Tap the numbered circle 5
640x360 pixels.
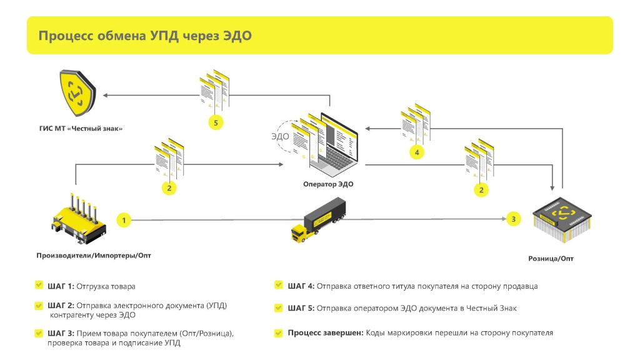(216, 123)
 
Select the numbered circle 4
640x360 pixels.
(417, 152)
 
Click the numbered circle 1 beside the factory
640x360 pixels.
(124, 220)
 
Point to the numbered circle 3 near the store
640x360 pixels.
(514, 219)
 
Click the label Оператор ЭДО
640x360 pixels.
(327, 184)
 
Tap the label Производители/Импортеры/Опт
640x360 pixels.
(94, 255)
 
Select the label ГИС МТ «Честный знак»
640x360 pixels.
(77, 129)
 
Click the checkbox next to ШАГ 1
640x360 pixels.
(39, 286)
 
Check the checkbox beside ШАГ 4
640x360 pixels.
(279, 286)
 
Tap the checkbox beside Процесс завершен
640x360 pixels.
(279, 333)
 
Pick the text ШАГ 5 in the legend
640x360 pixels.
(301, 308)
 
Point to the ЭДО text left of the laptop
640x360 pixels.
(280, 135)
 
